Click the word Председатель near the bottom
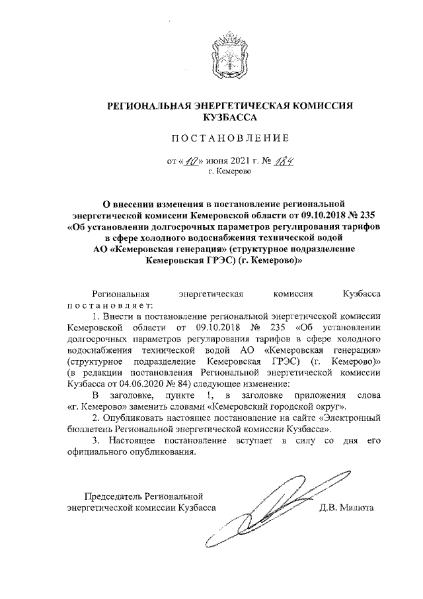click(113, 496)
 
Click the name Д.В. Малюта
click(346, 508)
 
